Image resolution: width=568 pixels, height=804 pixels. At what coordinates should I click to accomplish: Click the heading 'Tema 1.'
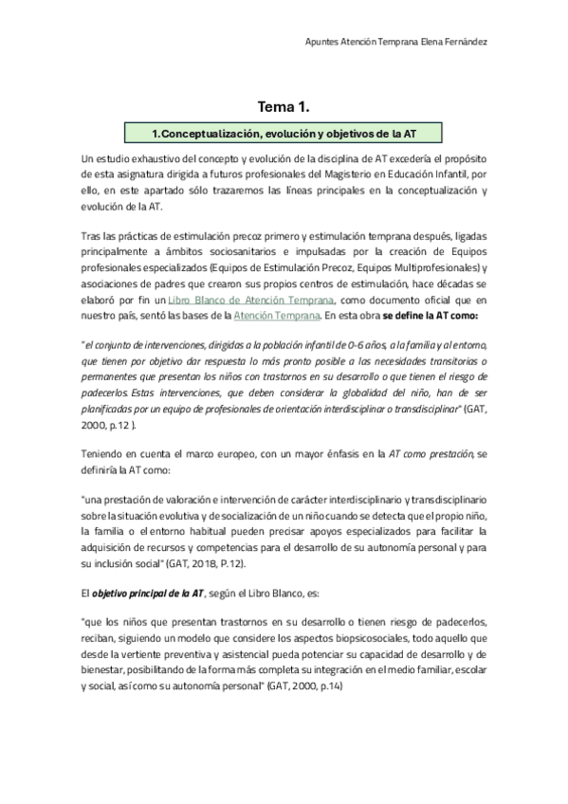click(x=284, y=107)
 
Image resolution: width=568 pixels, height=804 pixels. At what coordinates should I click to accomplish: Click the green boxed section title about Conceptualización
click(x=284, y=134)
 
